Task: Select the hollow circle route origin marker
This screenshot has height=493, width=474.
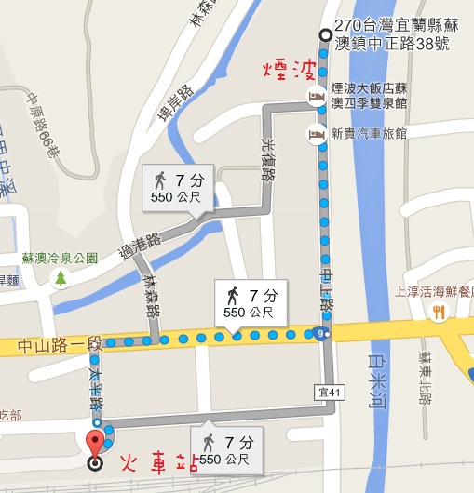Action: [x=324, y=35]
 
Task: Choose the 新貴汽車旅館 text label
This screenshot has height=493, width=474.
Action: [x=370, y=133]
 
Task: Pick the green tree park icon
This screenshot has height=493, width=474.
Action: [x=61, y=277]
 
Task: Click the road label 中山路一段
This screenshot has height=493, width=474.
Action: [x=58, y=347]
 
